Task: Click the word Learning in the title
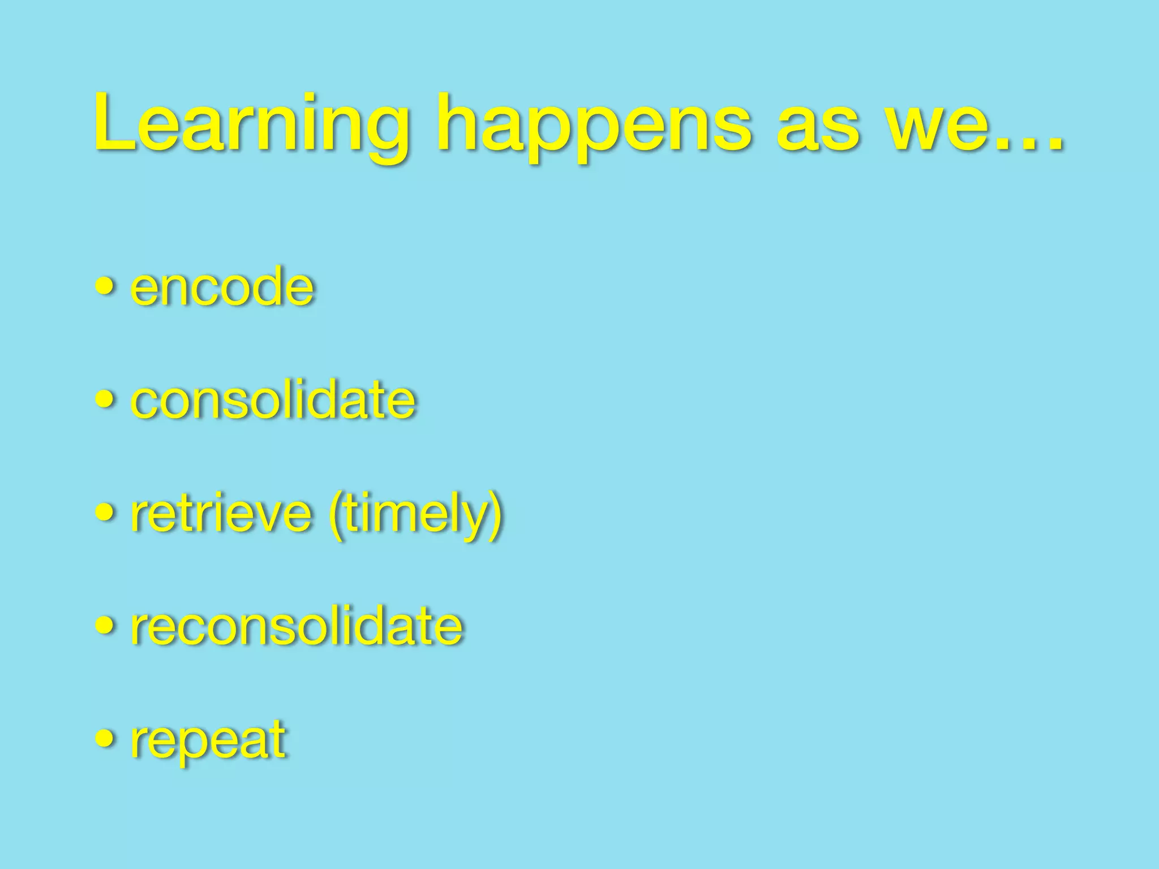coord(252,126)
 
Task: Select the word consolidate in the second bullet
coord(273,400)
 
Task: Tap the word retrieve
coord(221,513)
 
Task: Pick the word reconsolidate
coord(297,626)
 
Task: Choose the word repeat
coord(208,740)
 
